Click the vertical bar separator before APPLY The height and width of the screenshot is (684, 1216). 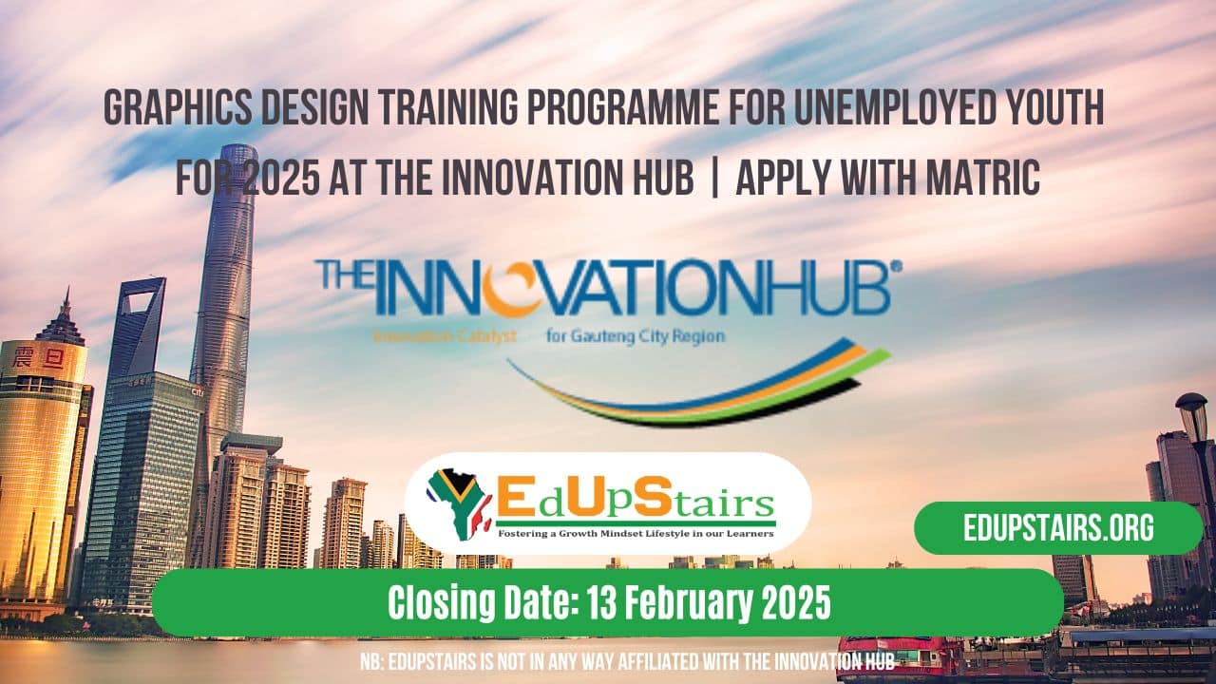[x=714, y=178]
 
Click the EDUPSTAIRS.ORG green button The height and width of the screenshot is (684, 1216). [x=1058, y=528]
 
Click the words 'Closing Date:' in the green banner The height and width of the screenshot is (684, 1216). [x=492, y=602]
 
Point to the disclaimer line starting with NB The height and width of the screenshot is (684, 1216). [x=627, y=661]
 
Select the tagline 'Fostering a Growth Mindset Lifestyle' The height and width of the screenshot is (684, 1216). [x=635, y=533]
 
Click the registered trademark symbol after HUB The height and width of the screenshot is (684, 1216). [x=896, y=269]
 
